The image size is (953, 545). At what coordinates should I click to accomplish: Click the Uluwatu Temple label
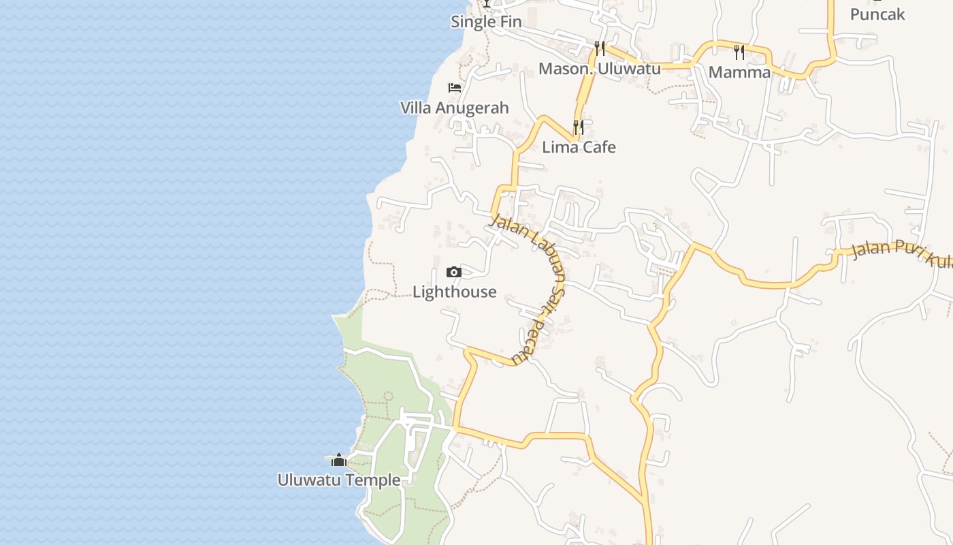(338, 480)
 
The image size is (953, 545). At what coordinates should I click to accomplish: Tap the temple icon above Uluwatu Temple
(339, 461)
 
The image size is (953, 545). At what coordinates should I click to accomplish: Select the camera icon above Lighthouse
(454, 272)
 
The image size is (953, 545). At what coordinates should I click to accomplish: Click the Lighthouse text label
(455, 292)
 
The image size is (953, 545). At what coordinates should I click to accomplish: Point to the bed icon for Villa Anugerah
(455, 88)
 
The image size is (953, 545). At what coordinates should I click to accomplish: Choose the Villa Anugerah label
(455, 108)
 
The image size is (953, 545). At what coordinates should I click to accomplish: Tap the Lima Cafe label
(579, 147)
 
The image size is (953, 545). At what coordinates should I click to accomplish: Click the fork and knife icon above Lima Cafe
(579, 127)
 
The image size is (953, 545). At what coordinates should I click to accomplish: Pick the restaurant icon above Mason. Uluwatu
(600, 48)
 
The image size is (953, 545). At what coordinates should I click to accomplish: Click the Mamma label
(739, 72)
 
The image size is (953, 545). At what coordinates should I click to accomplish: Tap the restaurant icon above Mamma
(739, 52)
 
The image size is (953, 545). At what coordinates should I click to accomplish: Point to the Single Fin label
(486, 22)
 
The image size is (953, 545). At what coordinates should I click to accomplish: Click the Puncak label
(877, 14)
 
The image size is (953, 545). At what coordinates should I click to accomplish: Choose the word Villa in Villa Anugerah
(415, 108)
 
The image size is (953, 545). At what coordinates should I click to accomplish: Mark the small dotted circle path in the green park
(389, 396)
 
